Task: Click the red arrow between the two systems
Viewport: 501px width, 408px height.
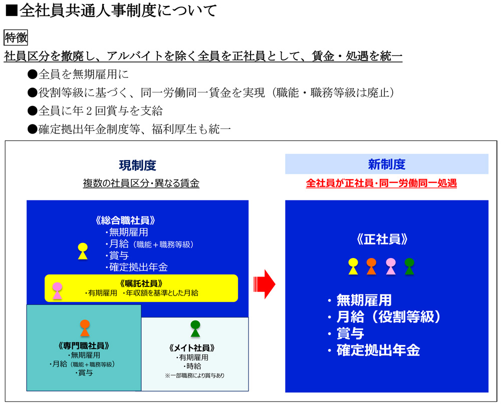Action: (x=264, y=284)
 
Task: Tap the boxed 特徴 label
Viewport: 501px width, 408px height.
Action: (x=16, y=37)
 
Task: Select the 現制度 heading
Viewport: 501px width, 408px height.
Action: (x=137, y=165)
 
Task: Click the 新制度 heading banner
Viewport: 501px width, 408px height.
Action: (x=387, y=164)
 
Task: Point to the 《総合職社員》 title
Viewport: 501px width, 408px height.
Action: (x=125, y=220)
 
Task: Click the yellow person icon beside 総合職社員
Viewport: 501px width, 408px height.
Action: (x=83, y=250)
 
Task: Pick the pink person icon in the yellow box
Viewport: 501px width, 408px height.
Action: (x=57, y=290)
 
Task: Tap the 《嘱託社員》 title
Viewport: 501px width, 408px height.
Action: (x=142, y=283)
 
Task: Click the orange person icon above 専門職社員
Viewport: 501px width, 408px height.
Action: (x=85, y=328)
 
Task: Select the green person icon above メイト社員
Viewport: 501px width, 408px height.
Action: (x=195, y=328)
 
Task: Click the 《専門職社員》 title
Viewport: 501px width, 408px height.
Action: (x=84, y=345)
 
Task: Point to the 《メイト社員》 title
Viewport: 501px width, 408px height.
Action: (x=192, y=347)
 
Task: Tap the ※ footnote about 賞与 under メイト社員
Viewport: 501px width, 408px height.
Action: (x=194, y=375)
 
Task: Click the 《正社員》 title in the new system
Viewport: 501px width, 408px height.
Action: (x=382, y=239)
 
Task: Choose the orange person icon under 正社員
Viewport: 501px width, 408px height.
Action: (x=371, y=266)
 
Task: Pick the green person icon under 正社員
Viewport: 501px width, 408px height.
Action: (x=409, y=266)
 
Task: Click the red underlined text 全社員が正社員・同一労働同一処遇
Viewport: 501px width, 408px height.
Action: (x=381, y=183)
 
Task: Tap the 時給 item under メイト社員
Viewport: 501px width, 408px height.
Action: (x=193, y=366)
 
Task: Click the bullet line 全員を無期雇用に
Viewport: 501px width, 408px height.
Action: (x=78, y=74)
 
